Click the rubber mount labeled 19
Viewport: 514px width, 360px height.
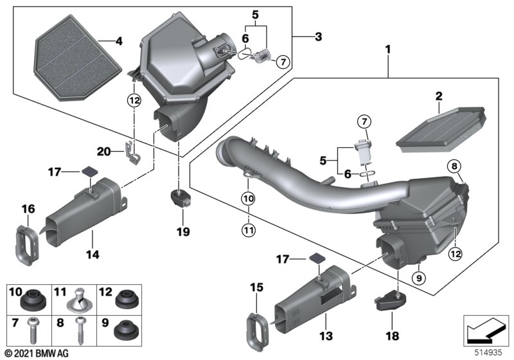pos(181,199)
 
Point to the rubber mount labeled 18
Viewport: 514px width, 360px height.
pos(390,301)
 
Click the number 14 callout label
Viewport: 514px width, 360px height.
pos(93,254)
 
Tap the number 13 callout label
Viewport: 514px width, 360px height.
pos(326,336)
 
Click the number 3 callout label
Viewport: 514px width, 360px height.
pos(318,37)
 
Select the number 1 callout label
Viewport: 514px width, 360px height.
pos(388,50)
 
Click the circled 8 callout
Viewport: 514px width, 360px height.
pos(454,166)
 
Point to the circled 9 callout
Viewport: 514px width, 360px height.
pos(419,278)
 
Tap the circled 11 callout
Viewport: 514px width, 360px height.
pos(248,230)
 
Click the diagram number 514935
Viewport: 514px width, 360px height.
pos(489,352)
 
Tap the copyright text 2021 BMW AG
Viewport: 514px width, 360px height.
pos(40,354)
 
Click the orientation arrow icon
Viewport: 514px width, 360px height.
pos(486,330)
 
